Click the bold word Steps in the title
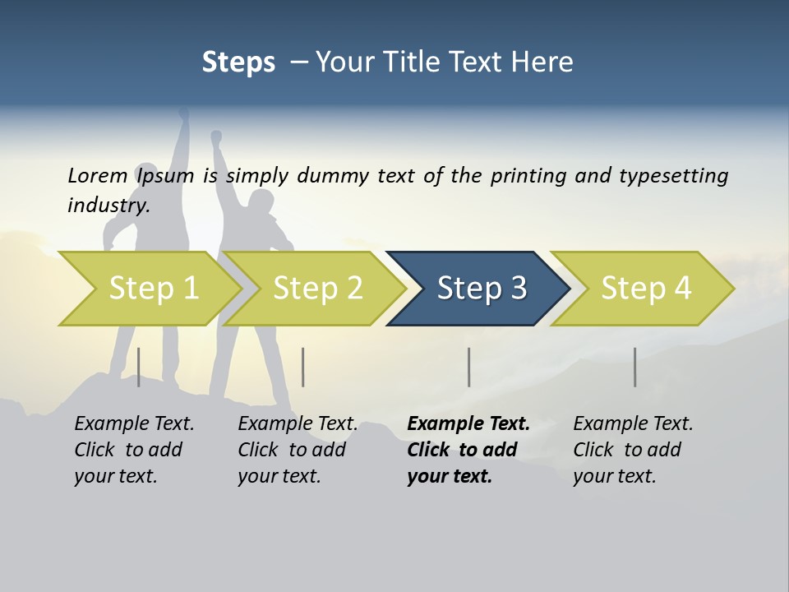pyautogui.click(x=238, y=62)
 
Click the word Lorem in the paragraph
pyautogui.click(x=98, y=175)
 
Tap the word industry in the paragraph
pyautogui.click(x=108, y=205)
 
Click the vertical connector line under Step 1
pyautogui.click(x=138, y=367)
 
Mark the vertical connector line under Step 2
pyautogui.click(x=303, y=367)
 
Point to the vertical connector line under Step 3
pyautogui.click(x=468, y=367)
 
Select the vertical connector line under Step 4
pyautogui.click(x=634, y=367)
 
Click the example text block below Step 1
pyautogui.click(x=134, y=450)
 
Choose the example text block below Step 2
pyautogui.click(x=298, y=450)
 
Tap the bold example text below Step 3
pyautogui.click(x=468, y=450)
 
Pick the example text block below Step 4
pyautogui.click(x=633, y=450)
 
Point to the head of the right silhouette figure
pyautogui.click(x=261, y=202)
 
